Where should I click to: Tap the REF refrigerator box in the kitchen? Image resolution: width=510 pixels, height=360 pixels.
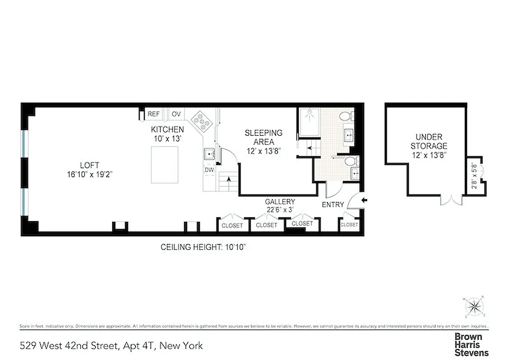coord(153,114)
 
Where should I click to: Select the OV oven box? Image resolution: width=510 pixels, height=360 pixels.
coord(176,114)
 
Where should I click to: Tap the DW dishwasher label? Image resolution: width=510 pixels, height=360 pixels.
coord(209,170)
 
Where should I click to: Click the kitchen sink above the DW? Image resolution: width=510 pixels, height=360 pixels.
coord(209,155)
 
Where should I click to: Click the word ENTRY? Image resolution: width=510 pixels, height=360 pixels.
coord(333,205)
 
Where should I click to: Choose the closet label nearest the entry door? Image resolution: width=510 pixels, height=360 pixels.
coord(349,225)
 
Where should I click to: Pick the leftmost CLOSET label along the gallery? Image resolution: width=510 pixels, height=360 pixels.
coord(232,225)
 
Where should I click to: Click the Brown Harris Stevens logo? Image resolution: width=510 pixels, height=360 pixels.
coord(471,345)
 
